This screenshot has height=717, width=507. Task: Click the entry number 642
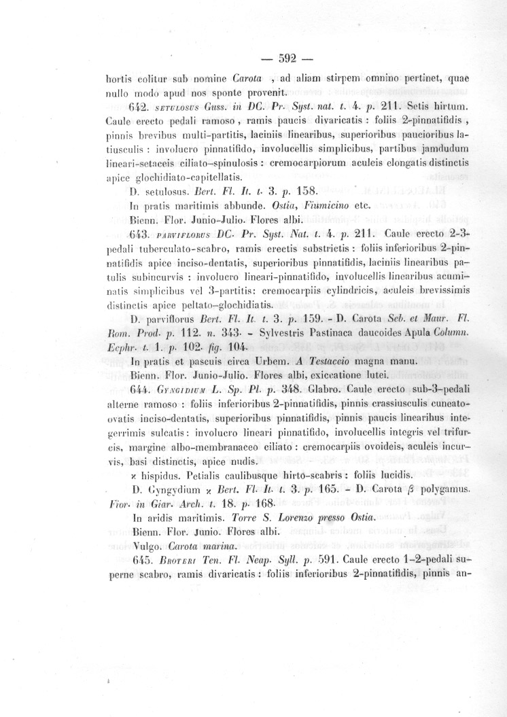[139, 108]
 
